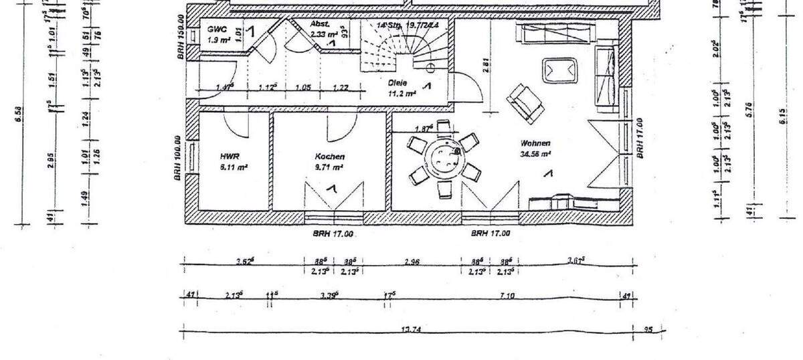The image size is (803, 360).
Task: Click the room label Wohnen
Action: pos(536,143)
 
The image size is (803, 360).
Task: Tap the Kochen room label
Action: pos(329,157)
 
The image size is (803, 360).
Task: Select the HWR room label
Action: pos(230,157)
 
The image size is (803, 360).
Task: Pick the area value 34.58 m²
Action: pos(536,154)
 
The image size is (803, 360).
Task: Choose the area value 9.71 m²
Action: pos(329,167)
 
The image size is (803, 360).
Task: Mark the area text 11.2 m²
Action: pos(402,94)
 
